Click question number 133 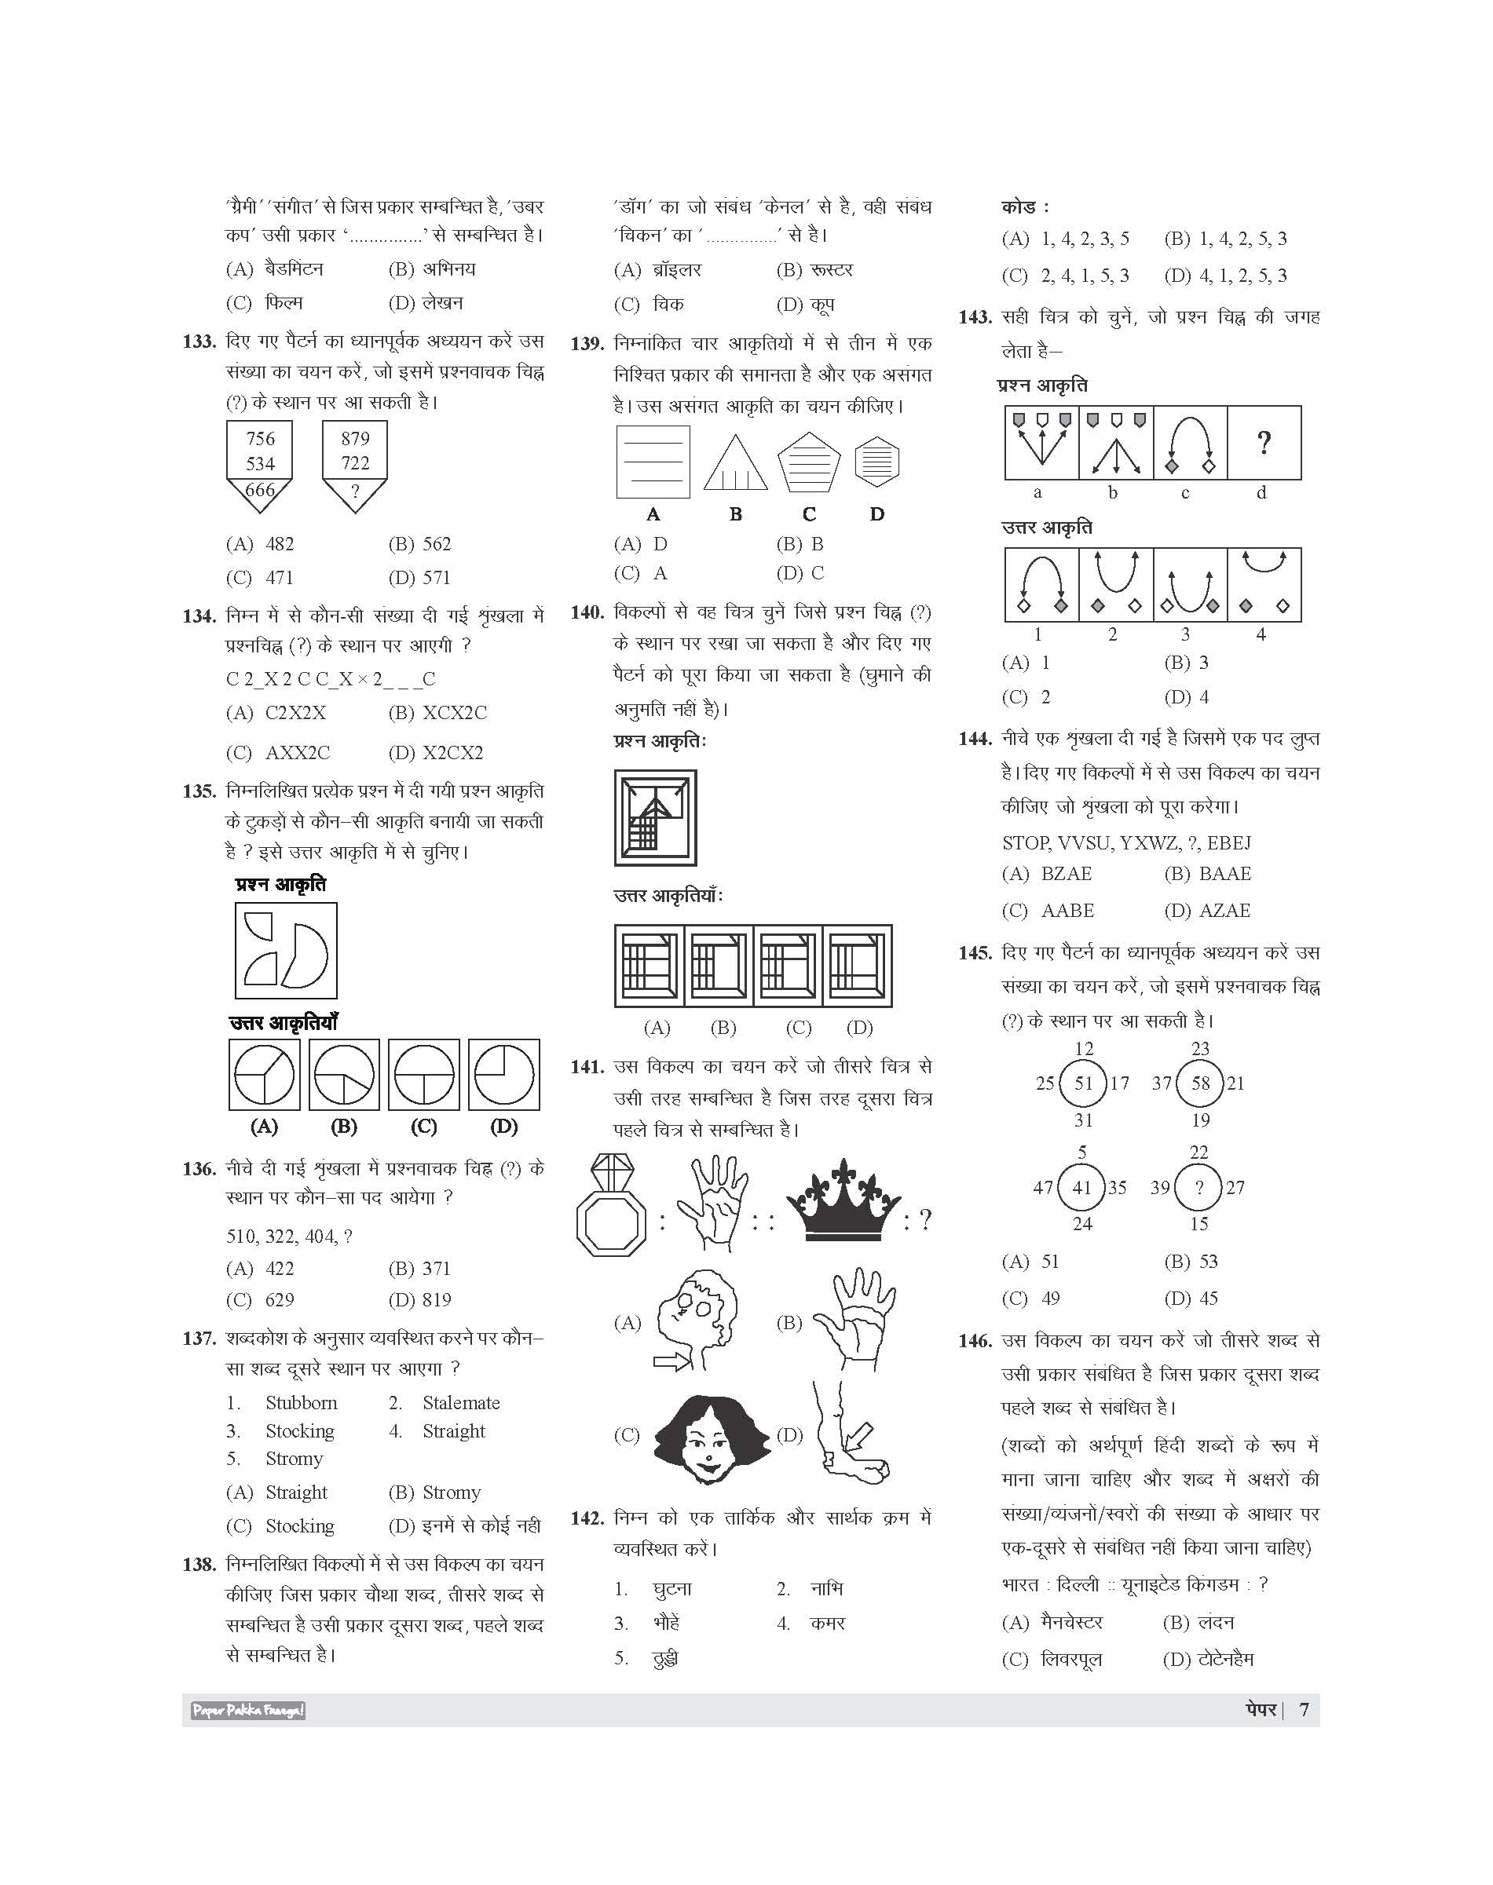[x=199, y=342]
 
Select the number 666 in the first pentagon [x=260, y=489]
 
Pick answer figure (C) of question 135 [x=424, y=1074]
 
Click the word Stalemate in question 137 [x=461, y=1403]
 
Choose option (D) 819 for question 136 [x=419, y=1299]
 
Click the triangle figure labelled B [x=735, y=462]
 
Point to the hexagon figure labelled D [x=876, y=462]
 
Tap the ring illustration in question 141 [x=611, y=1206]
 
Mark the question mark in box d [x=1263, y=443]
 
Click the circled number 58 [x=1200, y=1083]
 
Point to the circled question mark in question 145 [x=1199, y=1188]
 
